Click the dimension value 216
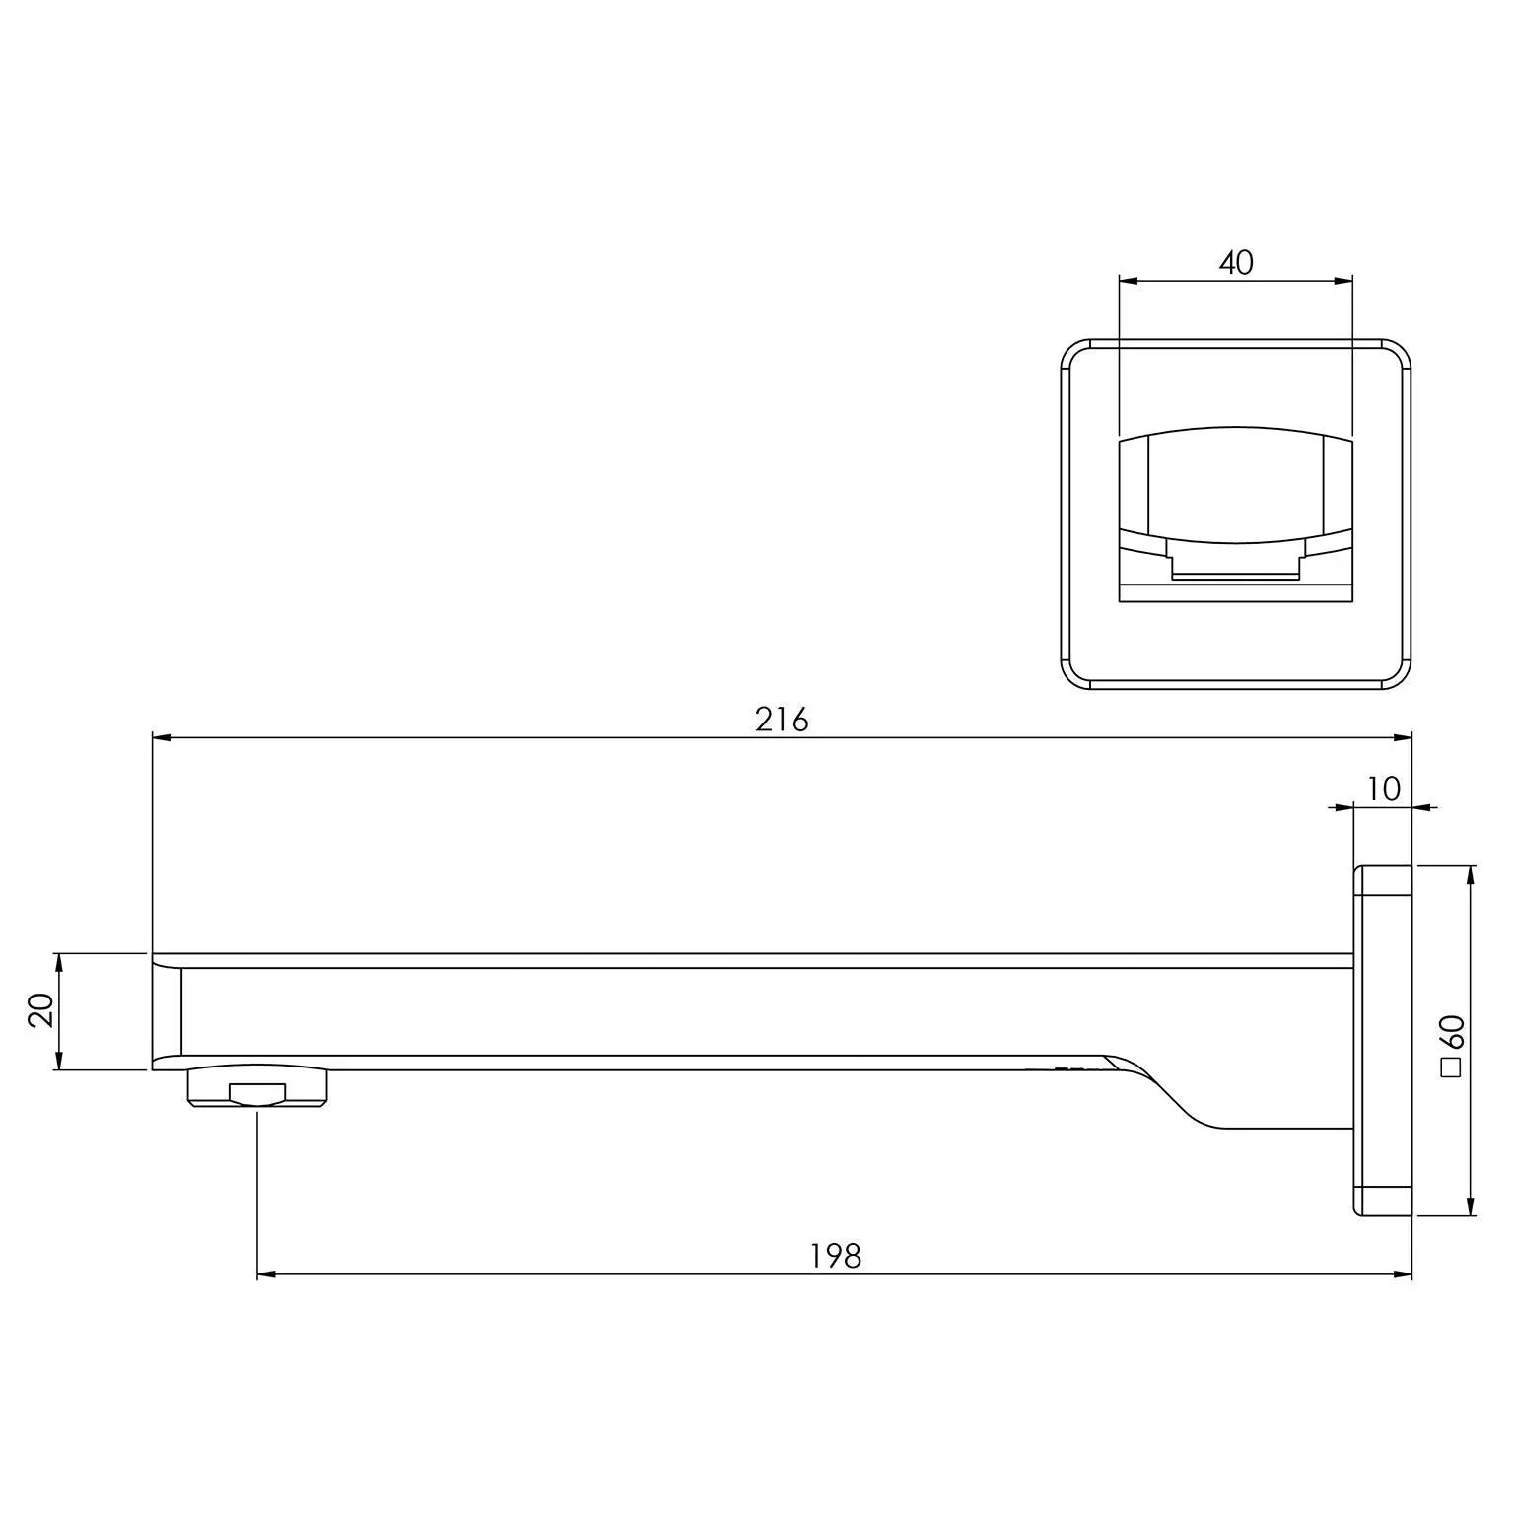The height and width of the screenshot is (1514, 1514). [782, 721]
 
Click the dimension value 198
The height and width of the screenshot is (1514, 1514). [836, 1256]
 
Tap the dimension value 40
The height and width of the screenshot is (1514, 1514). [1236, 263]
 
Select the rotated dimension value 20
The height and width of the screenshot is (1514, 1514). [41, 1011]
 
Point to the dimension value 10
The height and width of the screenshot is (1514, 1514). [1384, 789]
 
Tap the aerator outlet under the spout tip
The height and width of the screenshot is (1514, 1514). [258, 1087]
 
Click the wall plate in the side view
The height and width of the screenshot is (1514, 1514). [1383, 1041]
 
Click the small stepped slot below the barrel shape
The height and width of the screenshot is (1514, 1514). [1236, 566]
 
